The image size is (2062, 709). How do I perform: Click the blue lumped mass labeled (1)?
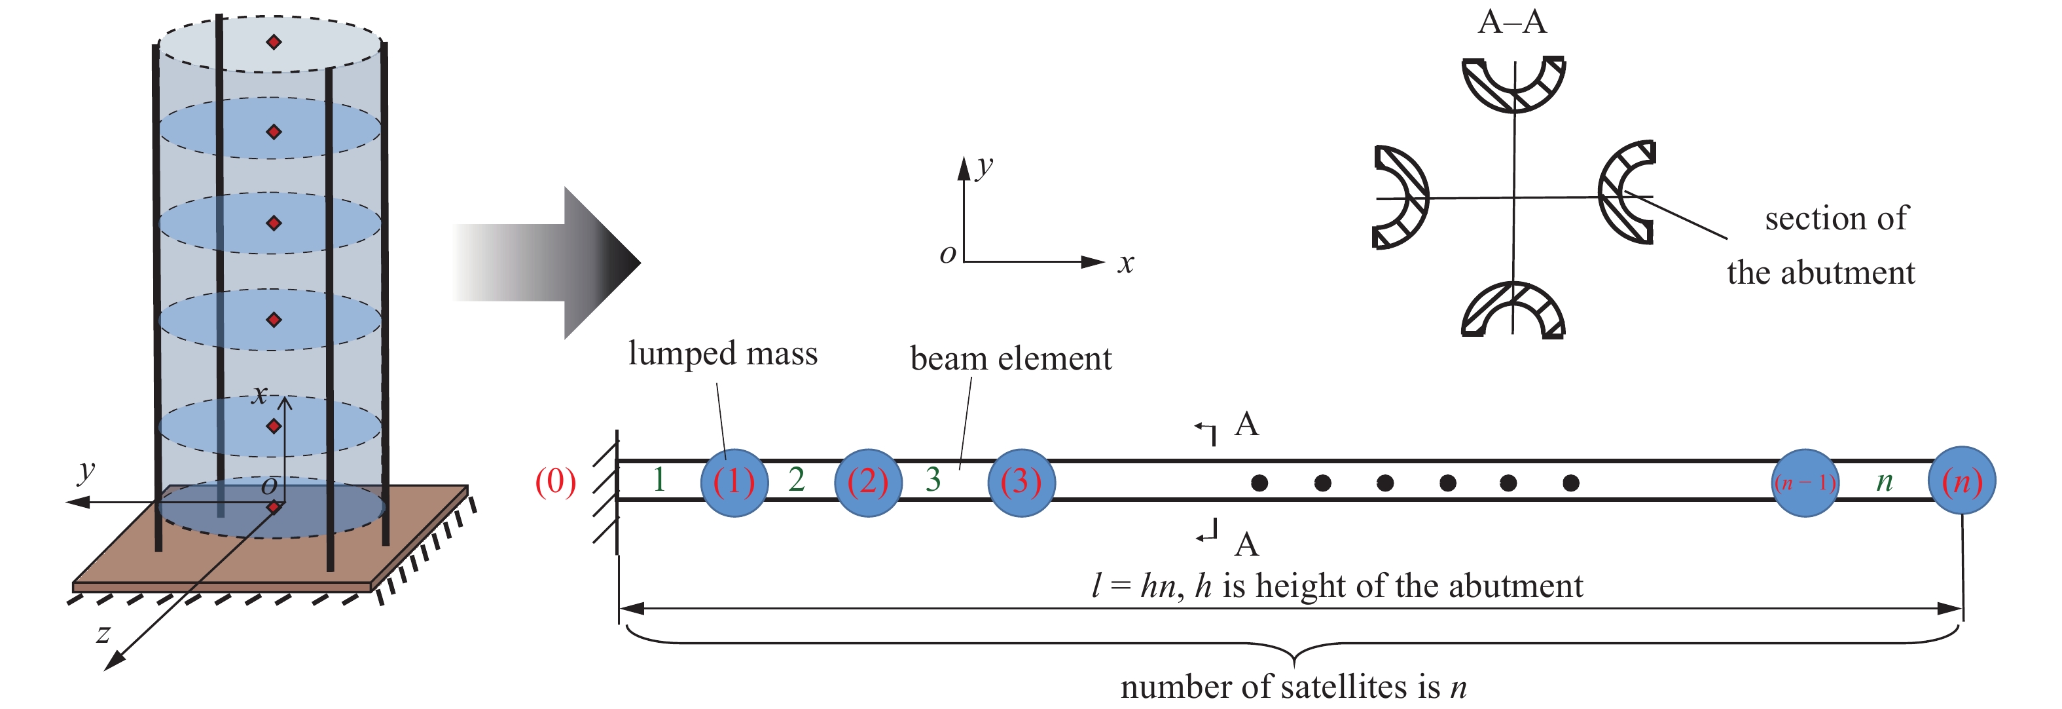pyautogui.click(x=734, y=482)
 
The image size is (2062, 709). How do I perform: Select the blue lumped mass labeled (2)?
pyautogui.click(x=868, y=482)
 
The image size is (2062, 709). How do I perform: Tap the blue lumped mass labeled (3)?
pyautogui.click(x=1021, y=482)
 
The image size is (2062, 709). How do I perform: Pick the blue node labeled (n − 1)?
pyautogui.click(x=1804, y=483)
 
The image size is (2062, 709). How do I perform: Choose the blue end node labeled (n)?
pyautogui.click(x=1962, y=482)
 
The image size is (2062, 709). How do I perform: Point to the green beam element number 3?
pyautogui.click(x=933, y=479)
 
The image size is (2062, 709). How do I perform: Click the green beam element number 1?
pyautogui.click(x=659, y=479)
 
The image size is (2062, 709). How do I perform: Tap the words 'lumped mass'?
pyautogui.click(x=723, y=353)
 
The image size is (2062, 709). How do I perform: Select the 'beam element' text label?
pyautogui.click(x=1011, y=358)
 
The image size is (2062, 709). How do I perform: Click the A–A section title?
pyautogui.click(x=1512, y=22)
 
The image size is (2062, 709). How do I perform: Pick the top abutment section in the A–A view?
pyautogui.click(x=1513, y=84)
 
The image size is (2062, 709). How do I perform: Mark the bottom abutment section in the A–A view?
pyautogui.click(x=1513, y=311)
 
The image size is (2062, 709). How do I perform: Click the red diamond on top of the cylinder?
pyautogui.click(x=274, y=42)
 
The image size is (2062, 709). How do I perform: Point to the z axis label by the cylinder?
pyautogui.click(x=103, y=634)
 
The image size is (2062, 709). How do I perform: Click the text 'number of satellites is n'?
pyautogui.click(x=1293, y=687)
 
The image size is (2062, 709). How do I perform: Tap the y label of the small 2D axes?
pyautogui.click(x=985, y=166)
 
